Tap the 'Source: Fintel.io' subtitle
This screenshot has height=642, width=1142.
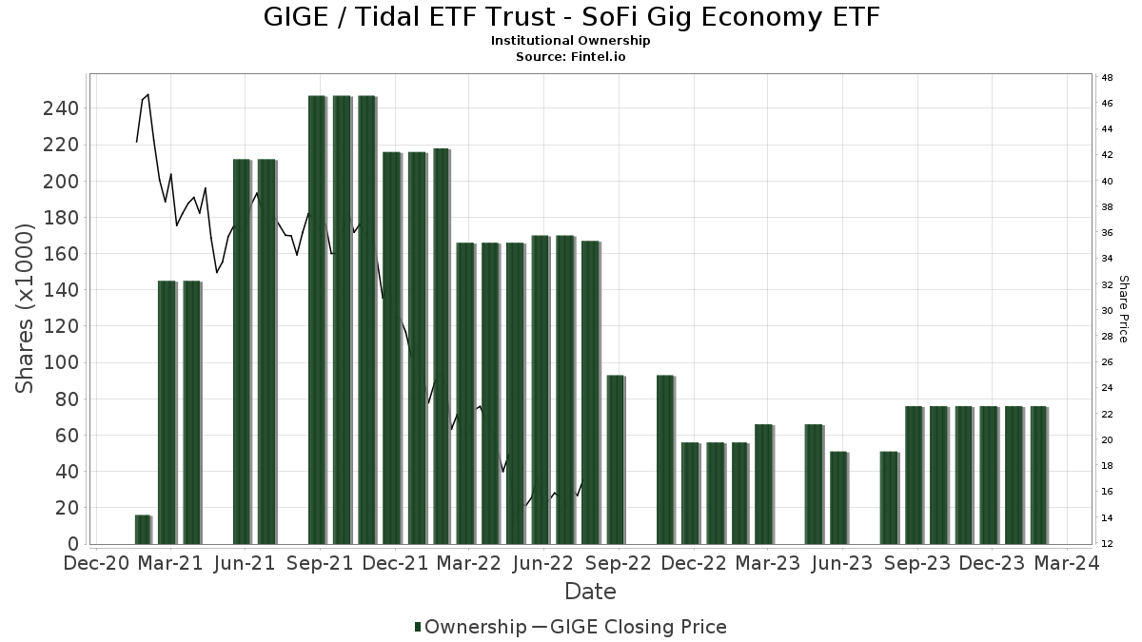(570, 56)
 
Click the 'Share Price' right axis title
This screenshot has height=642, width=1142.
(1123, 308)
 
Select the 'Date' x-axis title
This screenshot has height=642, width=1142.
(590, 592)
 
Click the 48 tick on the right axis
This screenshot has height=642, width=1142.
(1107, 77)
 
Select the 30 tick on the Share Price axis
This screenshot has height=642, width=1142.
(1107, 310)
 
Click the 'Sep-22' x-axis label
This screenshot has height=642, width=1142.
(619, 563)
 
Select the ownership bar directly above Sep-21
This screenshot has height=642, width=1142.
(317, 320)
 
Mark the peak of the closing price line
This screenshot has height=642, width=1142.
(148, 94)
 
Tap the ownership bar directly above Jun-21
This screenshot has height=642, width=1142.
(242, 351)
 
